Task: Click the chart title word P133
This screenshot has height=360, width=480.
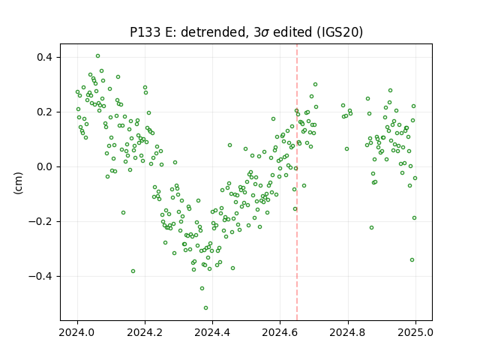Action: (145, 32)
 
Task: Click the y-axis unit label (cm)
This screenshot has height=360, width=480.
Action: (18, 183)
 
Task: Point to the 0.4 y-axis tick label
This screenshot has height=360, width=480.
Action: (45, 57)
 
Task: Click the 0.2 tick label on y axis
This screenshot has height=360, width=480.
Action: (45, 112)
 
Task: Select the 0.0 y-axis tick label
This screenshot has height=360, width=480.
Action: (45, 166)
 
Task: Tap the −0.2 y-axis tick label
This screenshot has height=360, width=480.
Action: (41, 222)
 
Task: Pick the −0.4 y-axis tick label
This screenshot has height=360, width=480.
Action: (41, 277)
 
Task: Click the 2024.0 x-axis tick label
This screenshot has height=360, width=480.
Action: (77, 332)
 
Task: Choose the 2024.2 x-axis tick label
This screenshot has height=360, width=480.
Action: (145, 332)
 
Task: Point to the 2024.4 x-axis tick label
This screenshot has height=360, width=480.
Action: (212, 332)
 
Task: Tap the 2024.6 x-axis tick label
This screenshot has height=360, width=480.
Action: (280, 332)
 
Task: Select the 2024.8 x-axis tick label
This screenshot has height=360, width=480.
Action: (348, 332)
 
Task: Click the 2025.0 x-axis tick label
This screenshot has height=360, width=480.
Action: (415, 332)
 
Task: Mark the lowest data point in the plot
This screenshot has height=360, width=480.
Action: (205, 307)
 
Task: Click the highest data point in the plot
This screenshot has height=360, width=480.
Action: (97, 56)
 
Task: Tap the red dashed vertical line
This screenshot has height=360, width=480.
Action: (297, 182)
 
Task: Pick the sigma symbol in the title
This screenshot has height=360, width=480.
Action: (265, 33)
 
